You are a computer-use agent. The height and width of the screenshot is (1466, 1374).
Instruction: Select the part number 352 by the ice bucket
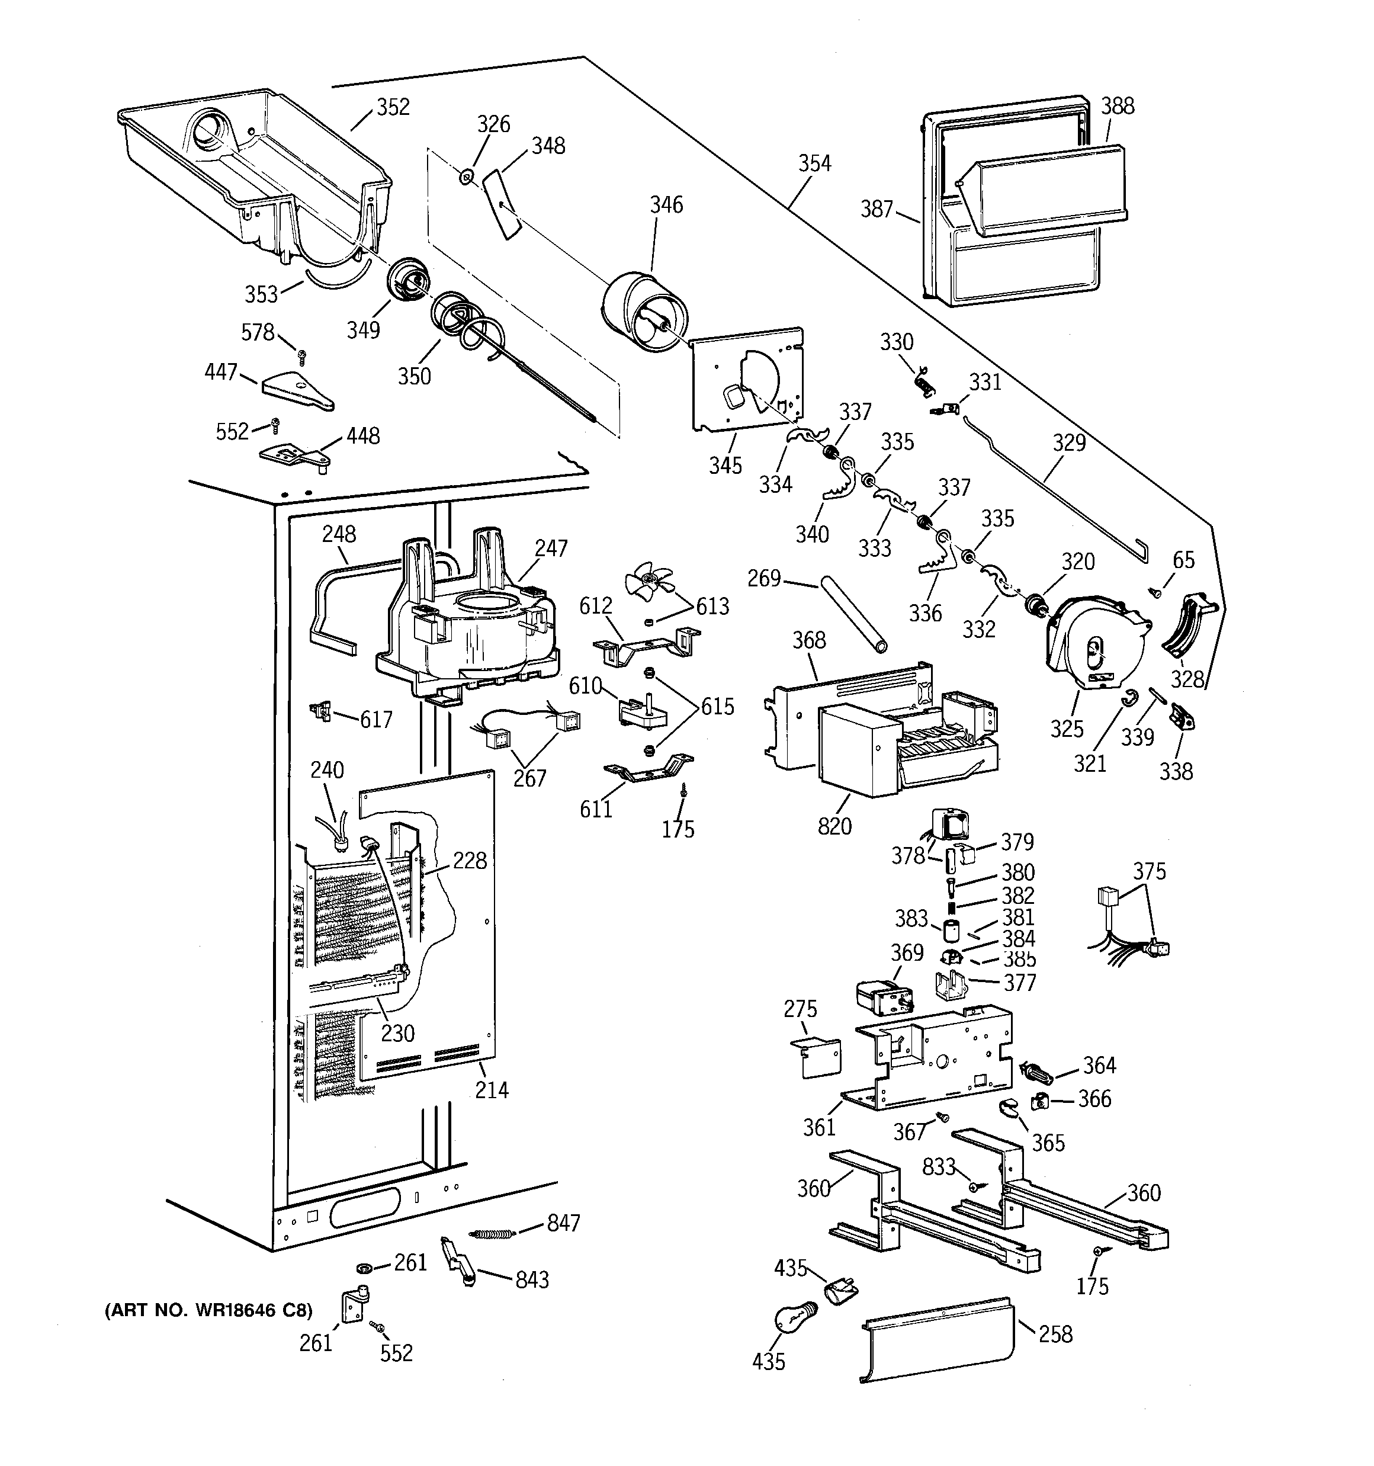click(x=393, y=108)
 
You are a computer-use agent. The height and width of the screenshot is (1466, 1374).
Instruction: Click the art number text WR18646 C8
click(x=208, y=1310)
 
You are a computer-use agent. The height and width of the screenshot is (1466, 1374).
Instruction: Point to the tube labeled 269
click(x=852, y=614)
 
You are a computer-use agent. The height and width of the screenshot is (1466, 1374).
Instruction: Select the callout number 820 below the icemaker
click(x=834, y=826)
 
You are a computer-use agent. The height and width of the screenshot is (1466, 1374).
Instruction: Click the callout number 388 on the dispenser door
click(x=1118, y=106)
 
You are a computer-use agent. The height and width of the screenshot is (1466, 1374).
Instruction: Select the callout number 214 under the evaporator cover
click(x=491, y=1090)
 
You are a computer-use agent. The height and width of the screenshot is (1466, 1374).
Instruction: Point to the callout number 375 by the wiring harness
click(x=1149, y=872)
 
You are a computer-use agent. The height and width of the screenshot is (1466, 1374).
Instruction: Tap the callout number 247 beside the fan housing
click(x=551, y=548)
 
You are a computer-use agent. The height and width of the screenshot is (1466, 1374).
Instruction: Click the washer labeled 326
click(x=466, y=177)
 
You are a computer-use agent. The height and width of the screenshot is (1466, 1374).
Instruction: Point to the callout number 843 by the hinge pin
click(x=532, y=1280)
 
